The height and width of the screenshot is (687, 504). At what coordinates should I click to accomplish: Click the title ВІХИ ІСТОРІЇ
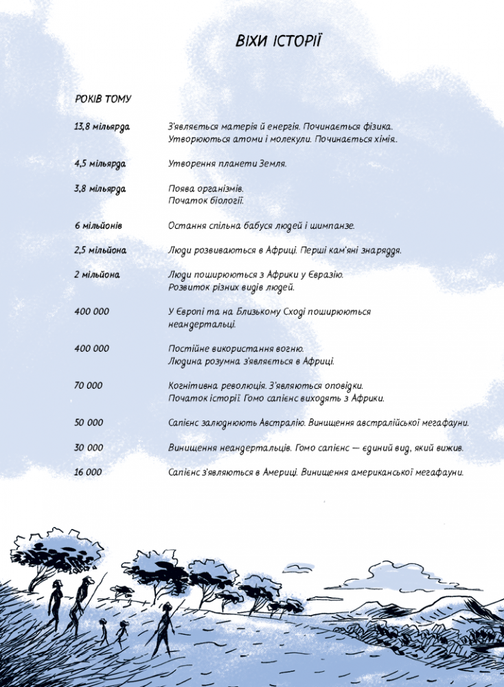(x=278, y=42)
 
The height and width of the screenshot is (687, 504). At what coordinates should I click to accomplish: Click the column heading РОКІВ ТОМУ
(x=103, y=99)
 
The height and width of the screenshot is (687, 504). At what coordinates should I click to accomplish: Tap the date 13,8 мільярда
(x=102, y=127)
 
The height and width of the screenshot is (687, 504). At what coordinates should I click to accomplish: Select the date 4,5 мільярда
(x=100, y=164)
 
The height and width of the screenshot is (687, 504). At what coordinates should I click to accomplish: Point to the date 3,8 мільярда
(x=100, y=189)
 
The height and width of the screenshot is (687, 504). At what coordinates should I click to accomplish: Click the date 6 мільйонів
(x=98, y=225)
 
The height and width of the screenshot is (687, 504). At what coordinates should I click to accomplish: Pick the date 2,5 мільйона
(x=100, y=250)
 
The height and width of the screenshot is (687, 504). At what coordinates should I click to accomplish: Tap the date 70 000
(x=89, y=385)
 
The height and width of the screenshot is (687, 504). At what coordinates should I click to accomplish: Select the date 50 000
(x=89, y=423)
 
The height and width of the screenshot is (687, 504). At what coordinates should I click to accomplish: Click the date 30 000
(x=89, y=447)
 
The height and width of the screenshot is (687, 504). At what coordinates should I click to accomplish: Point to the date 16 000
(x=89, y=472)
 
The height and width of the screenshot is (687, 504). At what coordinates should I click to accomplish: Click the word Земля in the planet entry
(x=273, y=164)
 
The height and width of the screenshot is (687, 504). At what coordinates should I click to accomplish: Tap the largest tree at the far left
(x=55, y=553)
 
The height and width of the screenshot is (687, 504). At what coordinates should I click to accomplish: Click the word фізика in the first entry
(x=375, y=127)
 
